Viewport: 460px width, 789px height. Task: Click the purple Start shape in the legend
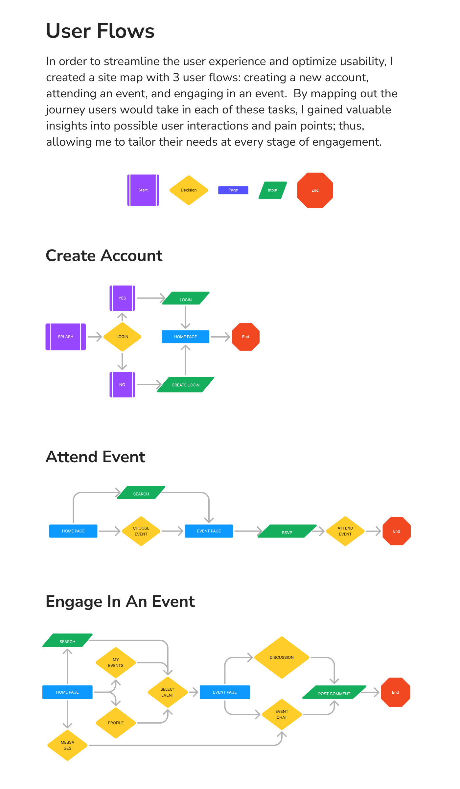(x=143, y=190)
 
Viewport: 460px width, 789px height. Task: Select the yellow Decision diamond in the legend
(x=189, y=190)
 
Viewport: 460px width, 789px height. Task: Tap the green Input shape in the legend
(x=273, y=190)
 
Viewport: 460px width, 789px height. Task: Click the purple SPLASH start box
(x=66, y=337)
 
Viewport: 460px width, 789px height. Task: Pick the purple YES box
(x=122, y=298)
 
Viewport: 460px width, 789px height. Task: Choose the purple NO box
(x=122, y=385)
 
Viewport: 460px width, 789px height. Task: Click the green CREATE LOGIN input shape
(x=186, y=385)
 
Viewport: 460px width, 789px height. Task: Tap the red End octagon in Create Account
(x=246, y=337)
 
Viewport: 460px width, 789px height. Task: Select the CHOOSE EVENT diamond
(x=141, y=531)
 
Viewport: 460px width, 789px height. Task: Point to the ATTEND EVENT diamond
(x=345, y=531)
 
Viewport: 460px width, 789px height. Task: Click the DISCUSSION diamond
(x=282, y=657)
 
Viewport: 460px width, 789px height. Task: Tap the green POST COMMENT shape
(x=334, y=692)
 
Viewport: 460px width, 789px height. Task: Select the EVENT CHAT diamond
(x=282, y=714)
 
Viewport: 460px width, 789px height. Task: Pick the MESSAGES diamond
(x=67, y=745)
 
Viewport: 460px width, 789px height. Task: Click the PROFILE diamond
(x=116, y=723)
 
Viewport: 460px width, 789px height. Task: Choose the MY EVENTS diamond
(x=116, y=662)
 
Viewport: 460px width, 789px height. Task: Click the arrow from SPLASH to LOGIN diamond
(x=95, y=337)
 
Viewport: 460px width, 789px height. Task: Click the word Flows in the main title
(x=126, y=31)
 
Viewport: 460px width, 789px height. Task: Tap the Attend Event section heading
(x=95, y=457)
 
